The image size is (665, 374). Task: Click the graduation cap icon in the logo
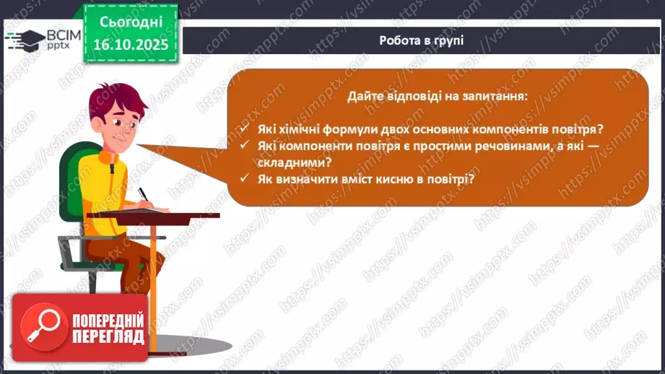tap(24, 40)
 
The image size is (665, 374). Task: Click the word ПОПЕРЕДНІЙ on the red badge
tap(107, 320)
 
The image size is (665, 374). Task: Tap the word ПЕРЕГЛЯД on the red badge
tap(107, 336)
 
